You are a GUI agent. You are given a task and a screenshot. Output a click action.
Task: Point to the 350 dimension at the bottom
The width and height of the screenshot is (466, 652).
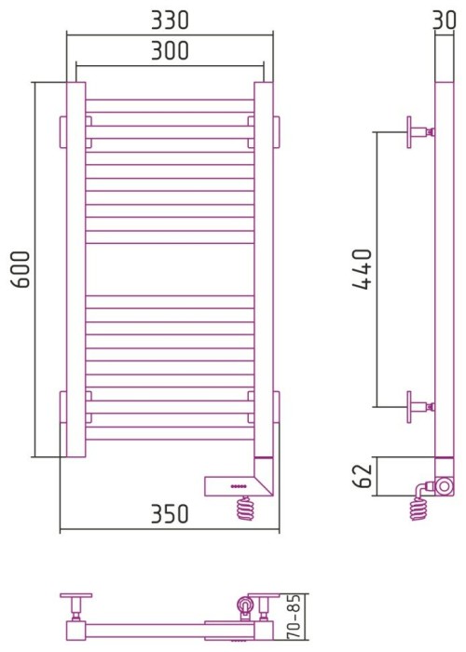[x=169, y=514]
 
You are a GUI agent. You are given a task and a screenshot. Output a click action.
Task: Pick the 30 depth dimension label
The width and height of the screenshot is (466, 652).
[x=447, y=19]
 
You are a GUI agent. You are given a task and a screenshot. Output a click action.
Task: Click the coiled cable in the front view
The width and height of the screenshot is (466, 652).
[x=246, y=509]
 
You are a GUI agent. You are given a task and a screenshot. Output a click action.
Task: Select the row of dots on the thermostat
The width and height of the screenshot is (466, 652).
[x=239, y=486]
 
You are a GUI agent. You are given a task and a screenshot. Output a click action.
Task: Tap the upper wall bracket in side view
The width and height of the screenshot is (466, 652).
[x=417, y=132]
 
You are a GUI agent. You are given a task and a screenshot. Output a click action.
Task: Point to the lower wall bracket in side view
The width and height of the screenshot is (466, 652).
[x=417, y=406]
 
